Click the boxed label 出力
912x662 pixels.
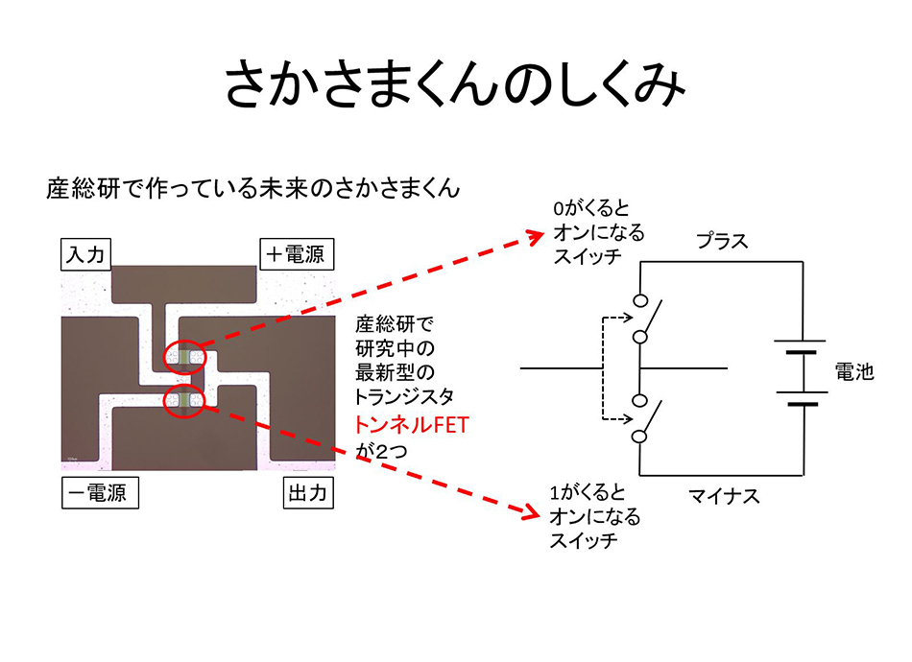[x=307, y=494]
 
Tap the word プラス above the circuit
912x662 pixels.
[x=721, y=241]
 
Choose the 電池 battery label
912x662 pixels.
[x=853, y=371]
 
